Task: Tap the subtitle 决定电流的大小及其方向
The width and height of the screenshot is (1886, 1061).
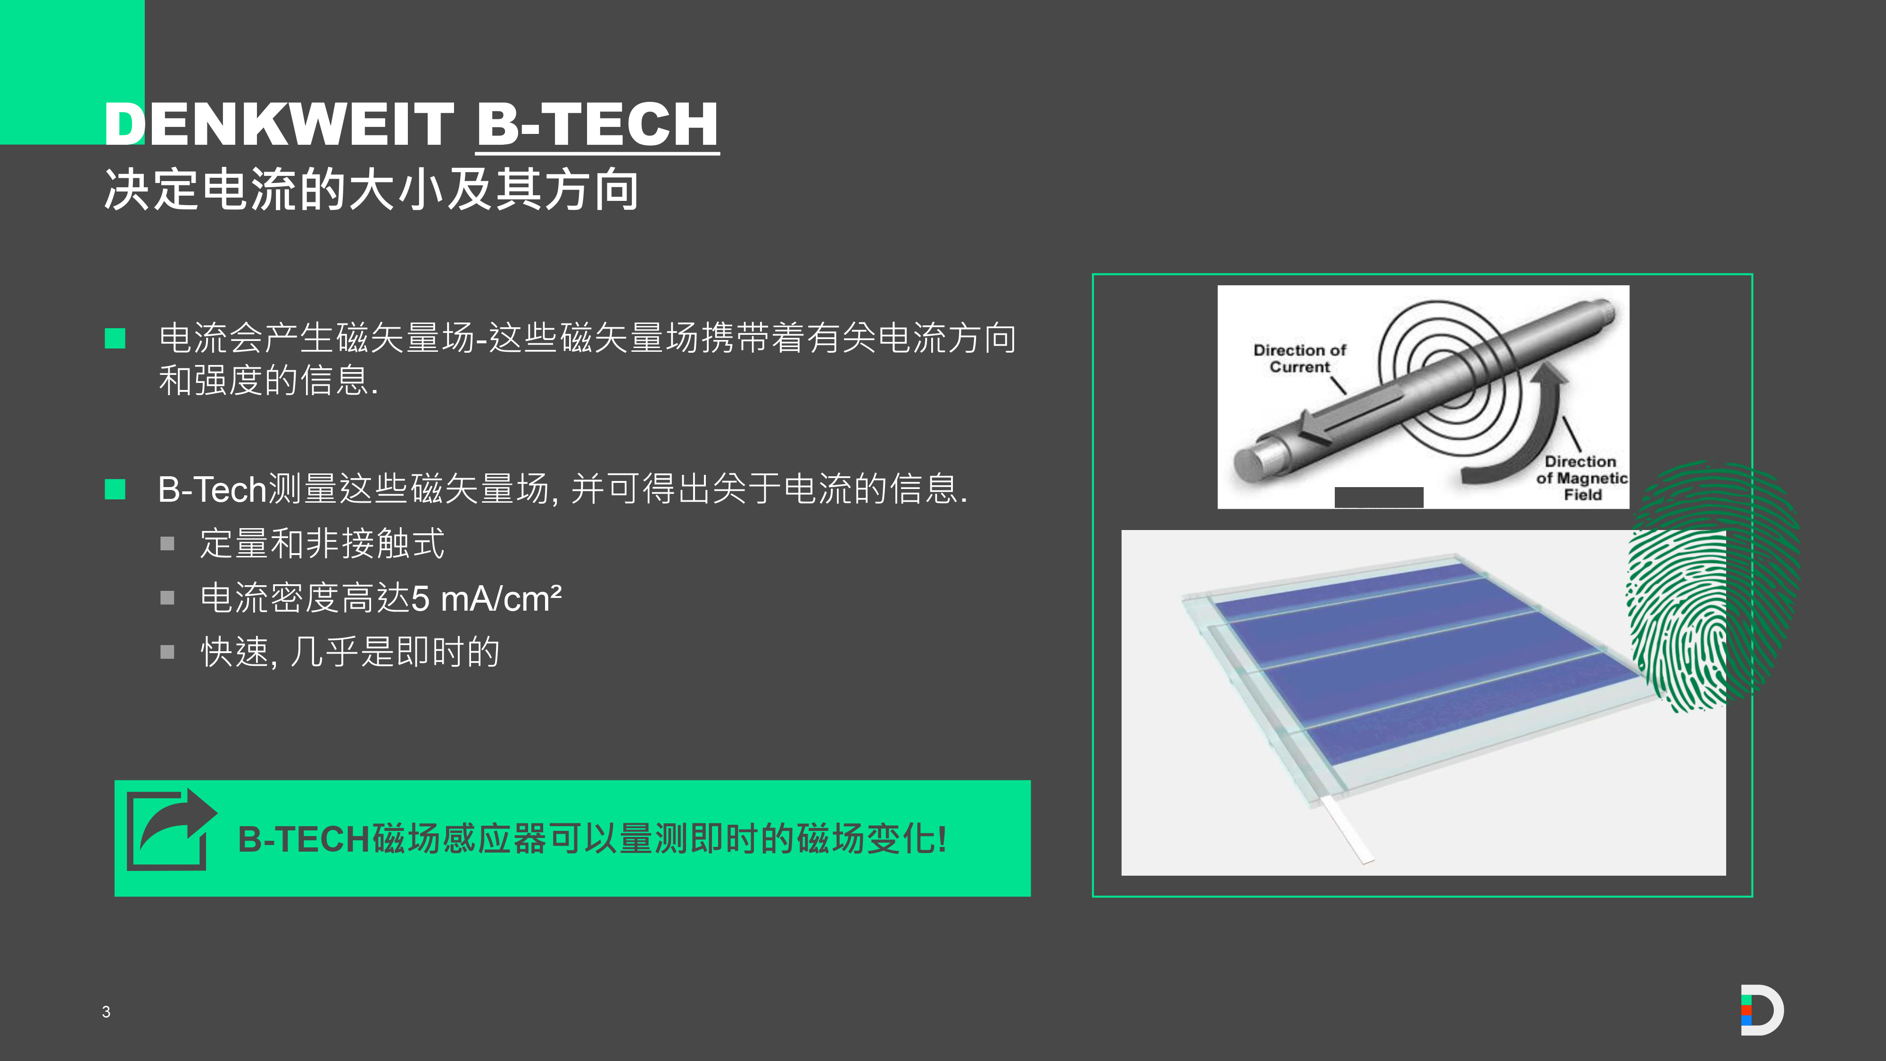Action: (371, 190)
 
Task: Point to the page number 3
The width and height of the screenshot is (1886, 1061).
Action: (106, 1012)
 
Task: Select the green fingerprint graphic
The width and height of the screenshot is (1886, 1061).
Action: (1712, 586)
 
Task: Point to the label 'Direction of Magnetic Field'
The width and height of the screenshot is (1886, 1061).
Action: (1581, 478)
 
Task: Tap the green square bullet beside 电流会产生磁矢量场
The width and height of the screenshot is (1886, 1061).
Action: (115, 338)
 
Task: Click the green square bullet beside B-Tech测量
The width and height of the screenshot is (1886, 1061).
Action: (115, 489)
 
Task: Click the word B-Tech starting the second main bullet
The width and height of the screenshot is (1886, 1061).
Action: (212, 489)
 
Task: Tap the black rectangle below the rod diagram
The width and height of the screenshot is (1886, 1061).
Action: (1379, 497)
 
